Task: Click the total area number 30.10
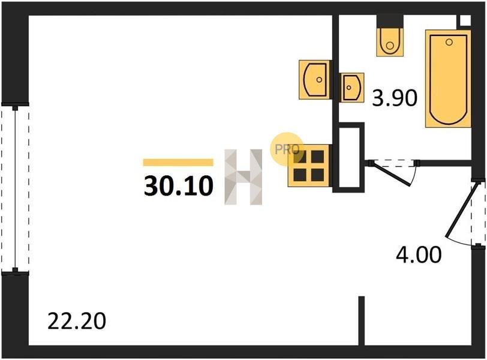[179, 186]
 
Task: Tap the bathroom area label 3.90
[395, 98]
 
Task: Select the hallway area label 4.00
[419, 255]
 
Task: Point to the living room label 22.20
[77, 321]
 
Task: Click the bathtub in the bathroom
[448, 79]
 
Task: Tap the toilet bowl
[390, 42]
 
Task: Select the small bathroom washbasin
[352, 87]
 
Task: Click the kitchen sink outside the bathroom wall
[315, 80]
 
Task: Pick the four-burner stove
[308, 166]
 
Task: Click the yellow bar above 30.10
[178, 163]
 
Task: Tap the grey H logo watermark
[243, 177]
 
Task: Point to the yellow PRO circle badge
[287, 149]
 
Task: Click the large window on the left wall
[15, 189]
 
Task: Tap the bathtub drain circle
[449, 42]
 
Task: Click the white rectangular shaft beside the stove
[350, 158]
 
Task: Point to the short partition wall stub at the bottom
[361, 320]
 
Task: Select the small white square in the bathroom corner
[465, 20]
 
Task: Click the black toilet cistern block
[390, 22]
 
